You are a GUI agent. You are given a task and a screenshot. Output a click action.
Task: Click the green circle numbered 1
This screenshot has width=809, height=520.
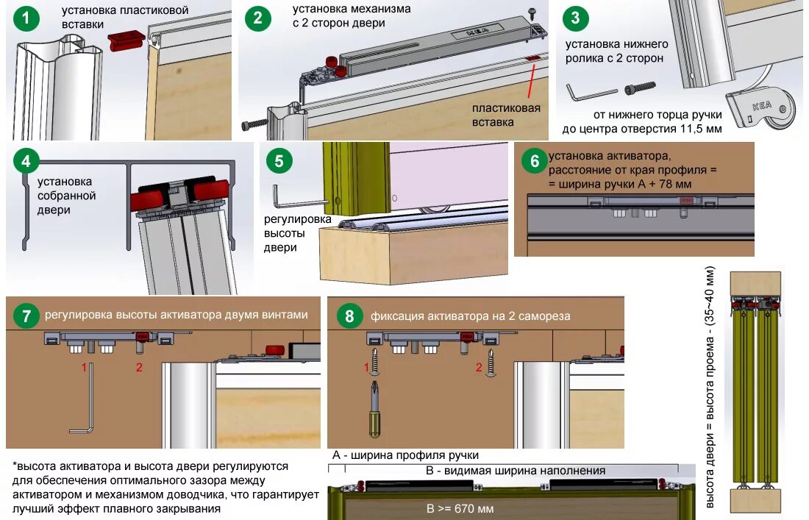pyautogui.click(x=27, y=18)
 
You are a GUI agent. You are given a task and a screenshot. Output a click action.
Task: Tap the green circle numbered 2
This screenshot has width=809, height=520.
pyautogui.click(x=257, y=18)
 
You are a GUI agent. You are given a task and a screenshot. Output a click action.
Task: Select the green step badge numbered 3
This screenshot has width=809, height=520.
pyautogui.click(x=575, y=18)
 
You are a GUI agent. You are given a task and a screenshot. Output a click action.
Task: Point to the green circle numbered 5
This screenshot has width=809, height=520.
pyautogui.click(x=279, y=161)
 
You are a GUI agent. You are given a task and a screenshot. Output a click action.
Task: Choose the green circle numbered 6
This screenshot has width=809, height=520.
pyautogui.click(x=532, y=161)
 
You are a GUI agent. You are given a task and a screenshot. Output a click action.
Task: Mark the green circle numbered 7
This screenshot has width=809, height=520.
pyautogui.click(x=26, y=316)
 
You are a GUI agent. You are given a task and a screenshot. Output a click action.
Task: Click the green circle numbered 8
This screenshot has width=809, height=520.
pyautogui.click(x=349, y=316)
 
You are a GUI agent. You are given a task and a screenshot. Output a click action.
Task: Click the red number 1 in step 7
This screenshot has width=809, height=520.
pyautogui.click(x=85, y=366)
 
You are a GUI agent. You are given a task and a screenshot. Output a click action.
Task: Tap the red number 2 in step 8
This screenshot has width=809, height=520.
pyautogui.click(x=480, y=366)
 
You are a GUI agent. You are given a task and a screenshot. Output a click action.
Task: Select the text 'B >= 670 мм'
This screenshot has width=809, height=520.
pyautogui.click(x=460, y=508)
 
